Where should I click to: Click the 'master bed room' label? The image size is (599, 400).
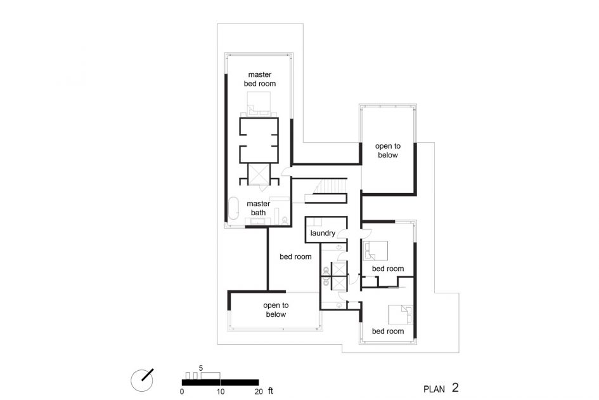(x=260, y=79)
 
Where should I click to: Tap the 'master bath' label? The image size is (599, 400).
(x=258, y=208)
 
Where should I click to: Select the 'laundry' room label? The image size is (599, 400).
(x=323, y=233)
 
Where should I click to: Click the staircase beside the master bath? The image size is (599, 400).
(x=330, y=187)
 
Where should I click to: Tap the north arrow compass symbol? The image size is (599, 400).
(x=142, y=380)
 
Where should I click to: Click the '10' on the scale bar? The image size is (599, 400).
(x=221, y=392)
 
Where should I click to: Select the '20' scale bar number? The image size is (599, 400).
(x=259, y=392)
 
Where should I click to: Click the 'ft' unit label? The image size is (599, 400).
(x=271, y=391)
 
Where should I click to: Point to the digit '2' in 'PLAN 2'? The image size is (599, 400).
(x=455, y=388)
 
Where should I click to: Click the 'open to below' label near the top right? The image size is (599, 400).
(x=388, y=150)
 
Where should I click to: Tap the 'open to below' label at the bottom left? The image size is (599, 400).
(x=276, y=310)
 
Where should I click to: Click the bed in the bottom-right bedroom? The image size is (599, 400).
(x=401, y=314)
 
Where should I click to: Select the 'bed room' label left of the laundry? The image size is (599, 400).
(x=295, y=257)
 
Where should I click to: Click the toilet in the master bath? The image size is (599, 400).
(x=285, y=220)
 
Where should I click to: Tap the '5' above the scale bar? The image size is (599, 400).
(x=201, y=368)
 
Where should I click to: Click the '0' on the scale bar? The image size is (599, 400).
(x=182, y=392)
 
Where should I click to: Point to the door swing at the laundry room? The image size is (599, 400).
(x=343, y=234)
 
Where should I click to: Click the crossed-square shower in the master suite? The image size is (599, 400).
(x=259, y=174)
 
